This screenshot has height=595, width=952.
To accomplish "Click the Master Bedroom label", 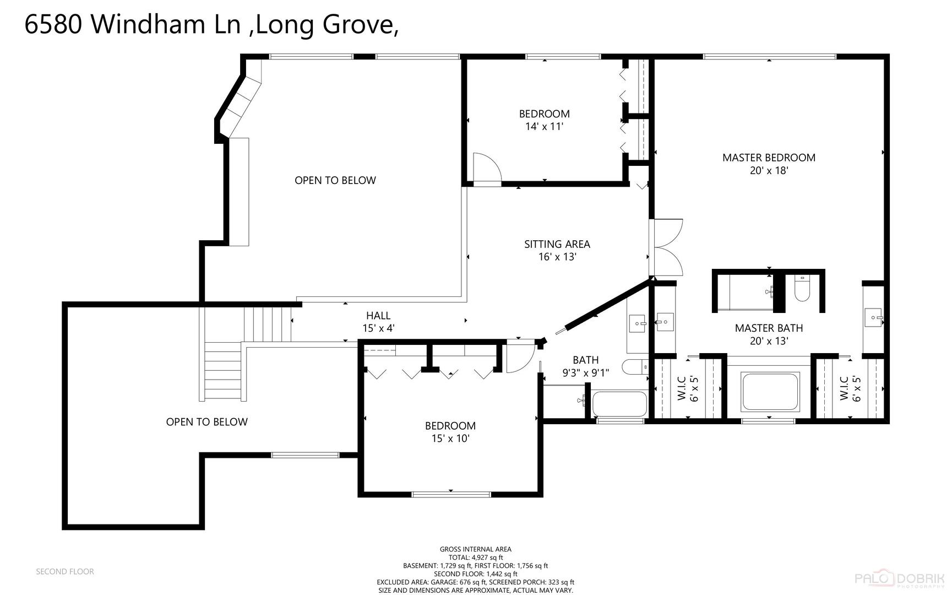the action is click(769, 158).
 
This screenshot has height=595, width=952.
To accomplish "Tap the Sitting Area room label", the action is click(557, 244).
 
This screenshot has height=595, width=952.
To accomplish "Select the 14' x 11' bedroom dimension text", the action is click(544, 127).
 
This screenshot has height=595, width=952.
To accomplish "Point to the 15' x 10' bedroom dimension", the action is click(450, 439).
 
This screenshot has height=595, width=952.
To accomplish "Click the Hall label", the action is click(378, 316).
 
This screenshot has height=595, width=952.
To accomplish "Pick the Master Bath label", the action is click(769, 328).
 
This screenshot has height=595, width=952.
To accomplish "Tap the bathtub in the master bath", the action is click(770, 392).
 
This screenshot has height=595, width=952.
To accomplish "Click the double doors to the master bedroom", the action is click(666, 247).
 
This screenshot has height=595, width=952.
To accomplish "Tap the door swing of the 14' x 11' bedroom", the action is click(488, 167).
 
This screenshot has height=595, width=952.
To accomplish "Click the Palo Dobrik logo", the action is click(899, 579).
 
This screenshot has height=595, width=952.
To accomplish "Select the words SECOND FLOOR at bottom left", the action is click(65, 572).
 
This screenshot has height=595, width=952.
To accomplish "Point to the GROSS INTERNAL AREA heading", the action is click(476, 549).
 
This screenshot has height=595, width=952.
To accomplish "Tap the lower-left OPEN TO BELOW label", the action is click(207, 422).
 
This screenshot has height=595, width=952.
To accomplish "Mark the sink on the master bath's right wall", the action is click(874, 318).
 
